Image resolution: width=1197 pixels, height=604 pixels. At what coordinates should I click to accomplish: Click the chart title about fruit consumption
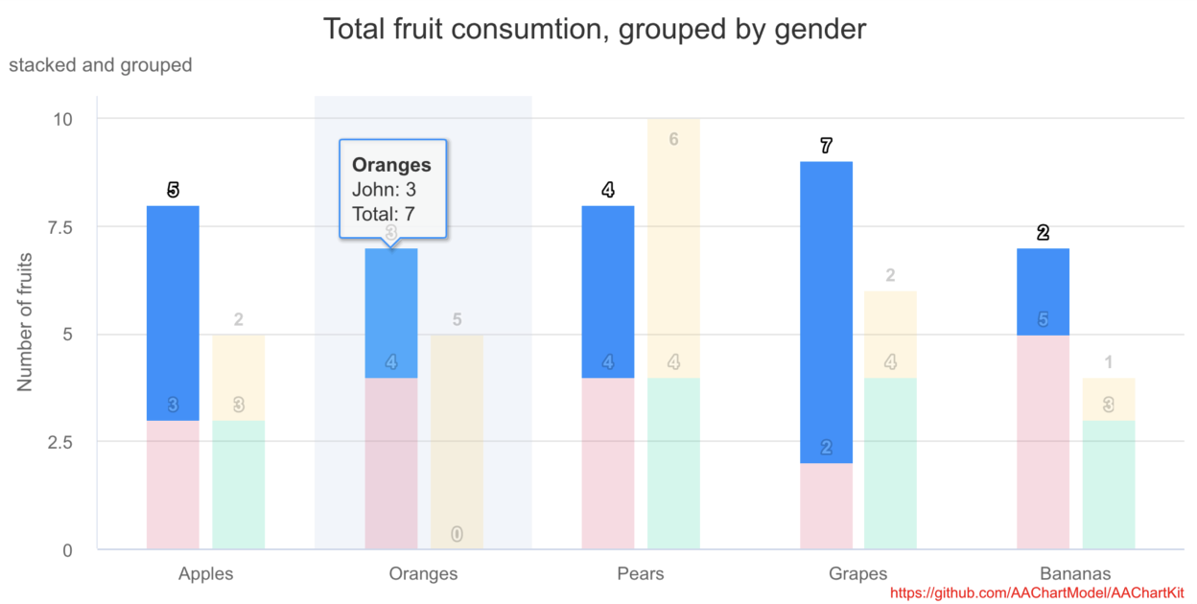[x=594, y=29]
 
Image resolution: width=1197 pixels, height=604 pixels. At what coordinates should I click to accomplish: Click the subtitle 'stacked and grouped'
[x=101, y=65]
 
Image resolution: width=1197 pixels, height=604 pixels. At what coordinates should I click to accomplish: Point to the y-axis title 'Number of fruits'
[x=25, y=322]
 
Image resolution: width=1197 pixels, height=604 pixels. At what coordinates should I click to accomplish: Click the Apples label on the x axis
[x=205, y=574]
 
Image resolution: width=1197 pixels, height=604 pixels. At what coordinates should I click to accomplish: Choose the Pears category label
[x=640, y=574]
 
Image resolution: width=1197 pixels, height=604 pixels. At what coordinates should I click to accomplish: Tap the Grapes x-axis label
[x=857, y=574]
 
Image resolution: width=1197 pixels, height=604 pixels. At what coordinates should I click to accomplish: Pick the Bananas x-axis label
[x=1075, y=574]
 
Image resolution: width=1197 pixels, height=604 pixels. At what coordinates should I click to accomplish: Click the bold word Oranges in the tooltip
[x=391, y=165]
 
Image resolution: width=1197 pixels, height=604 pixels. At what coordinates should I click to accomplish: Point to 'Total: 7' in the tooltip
[x=384, y=215]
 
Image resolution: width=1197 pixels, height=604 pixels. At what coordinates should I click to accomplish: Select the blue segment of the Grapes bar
[x=826, y=312]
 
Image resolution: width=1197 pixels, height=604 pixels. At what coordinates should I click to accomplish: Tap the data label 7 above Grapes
[x=826, y=147]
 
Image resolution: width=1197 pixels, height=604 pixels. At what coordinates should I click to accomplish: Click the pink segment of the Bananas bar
[x=1043, y=442]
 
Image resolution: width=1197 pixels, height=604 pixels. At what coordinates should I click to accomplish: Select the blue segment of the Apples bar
[x=173, y=313]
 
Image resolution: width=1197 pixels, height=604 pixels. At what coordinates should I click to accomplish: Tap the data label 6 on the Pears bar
[x=673, y=139]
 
